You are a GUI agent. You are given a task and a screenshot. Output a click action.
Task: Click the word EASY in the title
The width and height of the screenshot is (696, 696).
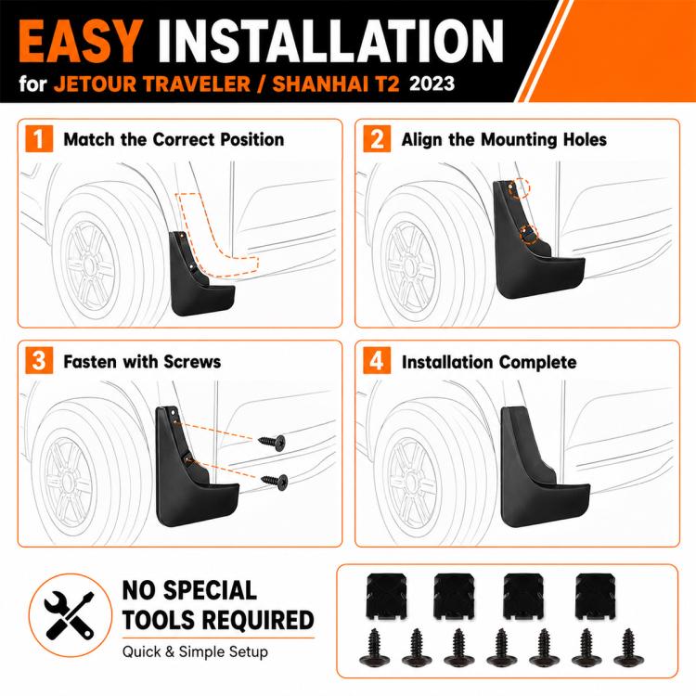pos(81,41)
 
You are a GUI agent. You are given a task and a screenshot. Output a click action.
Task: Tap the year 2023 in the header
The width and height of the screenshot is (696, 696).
pos(432,84)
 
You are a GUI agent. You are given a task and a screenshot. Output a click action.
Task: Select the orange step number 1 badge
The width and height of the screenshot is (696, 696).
pos(39,139)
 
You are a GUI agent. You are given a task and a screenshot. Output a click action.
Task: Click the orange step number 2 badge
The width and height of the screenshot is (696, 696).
pos(377,139)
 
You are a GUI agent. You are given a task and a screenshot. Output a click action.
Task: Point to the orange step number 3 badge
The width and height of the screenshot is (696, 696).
pos(39,360)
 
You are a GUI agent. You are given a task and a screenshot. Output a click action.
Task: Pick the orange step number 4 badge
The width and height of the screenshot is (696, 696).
pos(377,360)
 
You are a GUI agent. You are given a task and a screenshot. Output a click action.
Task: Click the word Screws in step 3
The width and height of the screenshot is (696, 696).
pos(192,362)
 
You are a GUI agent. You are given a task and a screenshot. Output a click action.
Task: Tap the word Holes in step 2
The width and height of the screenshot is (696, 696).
pos(585,140)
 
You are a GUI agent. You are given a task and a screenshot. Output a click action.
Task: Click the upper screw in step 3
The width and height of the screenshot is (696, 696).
pos(273,442)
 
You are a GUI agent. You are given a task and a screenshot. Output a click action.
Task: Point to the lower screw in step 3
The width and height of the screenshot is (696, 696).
pos(275,481)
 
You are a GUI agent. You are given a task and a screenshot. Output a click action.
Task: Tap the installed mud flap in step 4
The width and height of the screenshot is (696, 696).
pos(542,469)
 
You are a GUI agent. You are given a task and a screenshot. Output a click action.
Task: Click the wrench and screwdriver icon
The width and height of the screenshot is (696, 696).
pos(70,615)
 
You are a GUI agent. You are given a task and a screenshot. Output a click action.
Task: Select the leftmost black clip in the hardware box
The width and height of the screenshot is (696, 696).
pos(386,596)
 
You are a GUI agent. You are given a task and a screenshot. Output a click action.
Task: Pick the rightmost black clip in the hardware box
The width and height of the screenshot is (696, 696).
pos(596,596)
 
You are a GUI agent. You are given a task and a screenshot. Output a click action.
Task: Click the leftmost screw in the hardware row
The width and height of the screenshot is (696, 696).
pos(375,648)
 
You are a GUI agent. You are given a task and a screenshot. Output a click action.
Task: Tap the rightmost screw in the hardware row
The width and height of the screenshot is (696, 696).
pos(629,648)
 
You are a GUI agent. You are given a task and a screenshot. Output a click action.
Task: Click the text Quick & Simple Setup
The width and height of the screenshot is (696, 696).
pos(195,651)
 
